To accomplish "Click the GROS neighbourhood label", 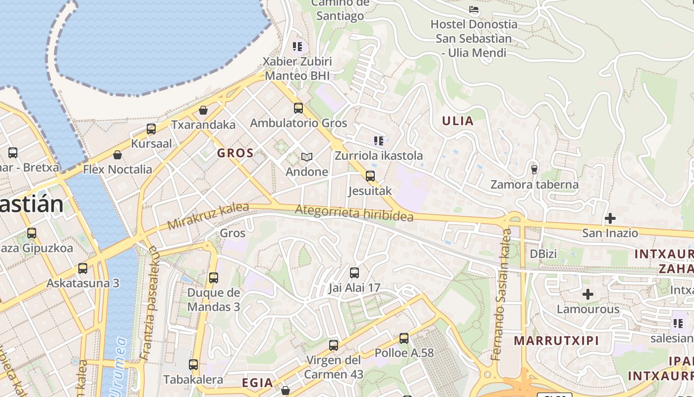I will point(235,153).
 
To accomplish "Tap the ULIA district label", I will point(458,121).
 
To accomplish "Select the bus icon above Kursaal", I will point(151,129).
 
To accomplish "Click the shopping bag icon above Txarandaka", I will point(203,110).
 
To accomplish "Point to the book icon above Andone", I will point(307,157).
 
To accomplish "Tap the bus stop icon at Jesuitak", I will point(370,176).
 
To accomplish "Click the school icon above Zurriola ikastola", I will point(379,141).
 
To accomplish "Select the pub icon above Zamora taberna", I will point(534,170).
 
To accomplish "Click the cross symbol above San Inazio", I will point(610,218).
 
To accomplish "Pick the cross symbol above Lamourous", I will point(588,294).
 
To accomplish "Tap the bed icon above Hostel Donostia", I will point(474,9).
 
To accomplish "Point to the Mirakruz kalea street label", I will point(201,216).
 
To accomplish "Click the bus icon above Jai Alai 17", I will point(354,272).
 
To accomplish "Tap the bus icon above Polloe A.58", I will point(404,338).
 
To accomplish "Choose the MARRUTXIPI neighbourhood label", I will point(556,341).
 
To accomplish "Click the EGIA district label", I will point(257,383).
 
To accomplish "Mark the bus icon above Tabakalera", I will point(193,365).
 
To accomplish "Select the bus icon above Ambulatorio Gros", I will point(298,108).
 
